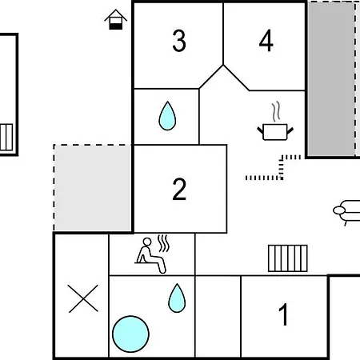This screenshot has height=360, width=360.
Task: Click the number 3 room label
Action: (x=179, y=41)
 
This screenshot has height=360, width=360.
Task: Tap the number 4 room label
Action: (x=266, y=41)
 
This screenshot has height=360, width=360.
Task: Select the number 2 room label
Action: (x=179, y=189)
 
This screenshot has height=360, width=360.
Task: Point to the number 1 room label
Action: (x=284, y=314)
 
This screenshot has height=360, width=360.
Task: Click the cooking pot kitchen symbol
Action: (x=275, y=132)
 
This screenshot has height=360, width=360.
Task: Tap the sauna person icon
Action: (x=150, y=255)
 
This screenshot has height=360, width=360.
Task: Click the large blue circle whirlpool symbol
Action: (x=130, y=334)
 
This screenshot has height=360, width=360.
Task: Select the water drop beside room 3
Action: (x=167, y=116)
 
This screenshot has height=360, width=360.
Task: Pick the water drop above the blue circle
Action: (x=177, y=298)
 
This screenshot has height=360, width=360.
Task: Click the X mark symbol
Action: (x=83, y=298)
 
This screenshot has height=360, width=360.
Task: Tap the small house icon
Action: (x=116, y=19)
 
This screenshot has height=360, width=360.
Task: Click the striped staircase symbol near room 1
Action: (x=288, y=258)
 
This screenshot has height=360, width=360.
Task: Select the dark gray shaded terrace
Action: (x=330, y=79)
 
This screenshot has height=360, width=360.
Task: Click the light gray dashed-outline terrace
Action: (x=93, y=188)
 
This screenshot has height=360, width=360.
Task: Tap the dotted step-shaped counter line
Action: (x=281, y=168)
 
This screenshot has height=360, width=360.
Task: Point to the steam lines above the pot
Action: (x=276, y=111)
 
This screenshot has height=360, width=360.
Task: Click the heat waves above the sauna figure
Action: (x=163, y=243)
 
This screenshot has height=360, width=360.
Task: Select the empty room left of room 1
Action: (x=218, y=316)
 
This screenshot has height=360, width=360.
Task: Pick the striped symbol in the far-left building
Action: (x=6, y=137)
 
